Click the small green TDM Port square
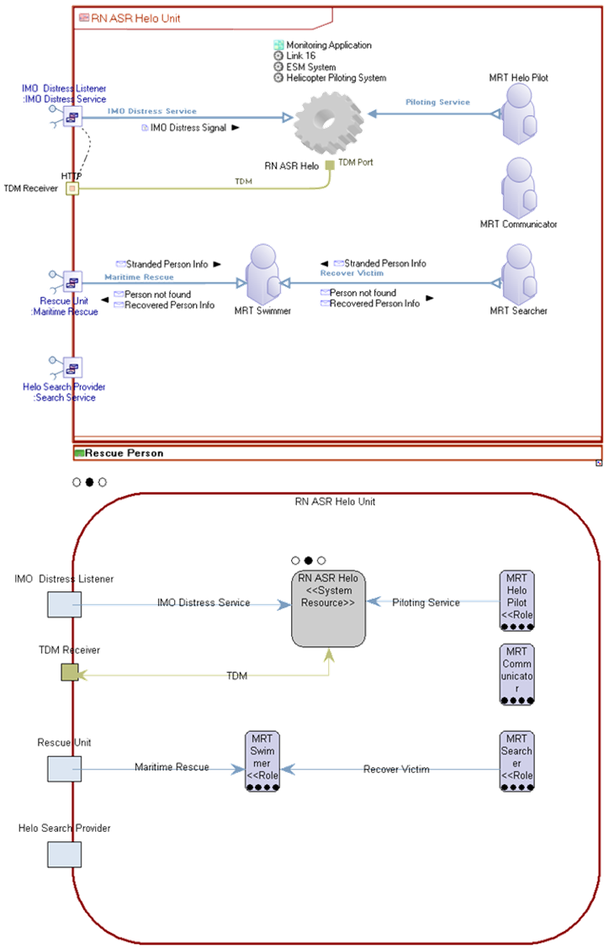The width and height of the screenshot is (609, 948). (x=330, y=165)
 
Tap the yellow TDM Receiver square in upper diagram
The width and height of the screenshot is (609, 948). (x=72, y=188)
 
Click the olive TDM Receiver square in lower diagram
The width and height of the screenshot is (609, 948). (x=70, y=672)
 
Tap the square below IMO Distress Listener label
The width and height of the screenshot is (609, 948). (x=64, y=605)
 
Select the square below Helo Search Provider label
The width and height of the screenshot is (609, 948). (x=64, y=854)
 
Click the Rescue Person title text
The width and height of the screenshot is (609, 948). (x=124, y=453)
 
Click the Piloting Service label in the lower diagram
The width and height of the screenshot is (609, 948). (x=426, y=602)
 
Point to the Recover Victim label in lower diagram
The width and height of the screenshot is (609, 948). (x=397, y=769)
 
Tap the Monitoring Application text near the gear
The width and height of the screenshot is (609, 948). (x=328, y=45)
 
